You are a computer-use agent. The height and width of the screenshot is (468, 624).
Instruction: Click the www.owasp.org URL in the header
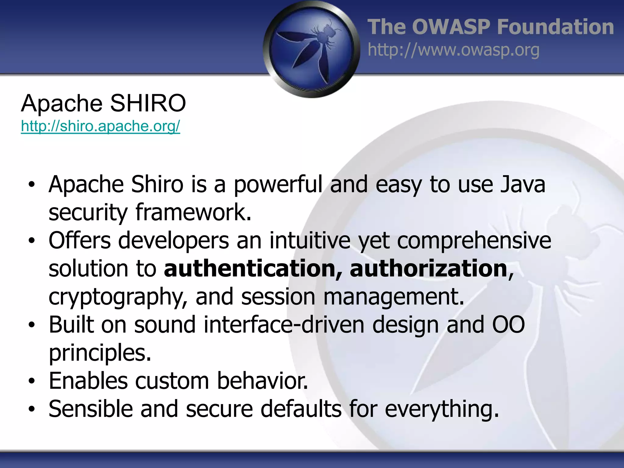click(x=453, y=50)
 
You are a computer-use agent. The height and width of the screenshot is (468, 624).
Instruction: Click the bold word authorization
click(x=428, y=269)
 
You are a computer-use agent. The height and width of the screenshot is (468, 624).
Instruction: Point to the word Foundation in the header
click(x=555, y=27)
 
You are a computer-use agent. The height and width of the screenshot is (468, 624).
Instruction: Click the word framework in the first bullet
click(x=193, y=213)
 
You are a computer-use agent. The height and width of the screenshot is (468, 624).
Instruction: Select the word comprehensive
click(x=474, y=241)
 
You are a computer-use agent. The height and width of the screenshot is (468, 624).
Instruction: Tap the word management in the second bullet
click(x=393, y=297)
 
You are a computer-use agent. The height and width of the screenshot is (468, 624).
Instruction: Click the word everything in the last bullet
click(x=442, y=409)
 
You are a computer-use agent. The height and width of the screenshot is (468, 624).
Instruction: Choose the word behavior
click(x=262, y=381)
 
